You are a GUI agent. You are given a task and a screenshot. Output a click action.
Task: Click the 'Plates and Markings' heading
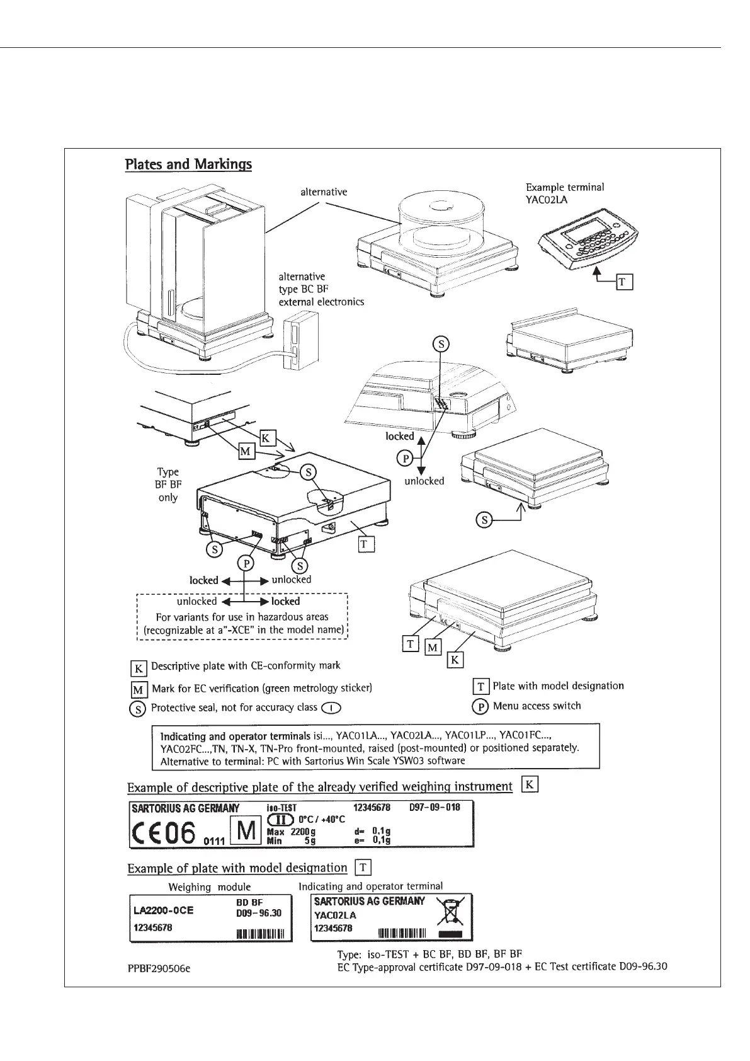click(188, 164)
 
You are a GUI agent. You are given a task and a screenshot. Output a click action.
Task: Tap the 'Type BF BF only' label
click(168, 485)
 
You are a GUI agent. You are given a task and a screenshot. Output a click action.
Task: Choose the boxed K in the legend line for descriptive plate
click(139, 667)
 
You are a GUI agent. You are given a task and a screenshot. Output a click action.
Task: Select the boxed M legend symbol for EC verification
click(139, 689)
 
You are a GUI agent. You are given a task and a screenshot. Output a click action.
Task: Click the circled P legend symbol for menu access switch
click(480, 706)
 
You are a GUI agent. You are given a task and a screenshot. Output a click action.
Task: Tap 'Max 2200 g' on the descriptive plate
click(291, 832)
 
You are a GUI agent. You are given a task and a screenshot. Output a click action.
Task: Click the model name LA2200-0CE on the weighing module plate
click(163, 910)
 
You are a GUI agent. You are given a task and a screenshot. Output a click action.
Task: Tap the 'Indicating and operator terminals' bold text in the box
click(236, 735)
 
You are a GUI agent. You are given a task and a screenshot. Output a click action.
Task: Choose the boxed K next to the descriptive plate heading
click(531, 785)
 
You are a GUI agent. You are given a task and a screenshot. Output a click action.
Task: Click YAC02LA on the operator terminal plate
click(335, 915)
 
